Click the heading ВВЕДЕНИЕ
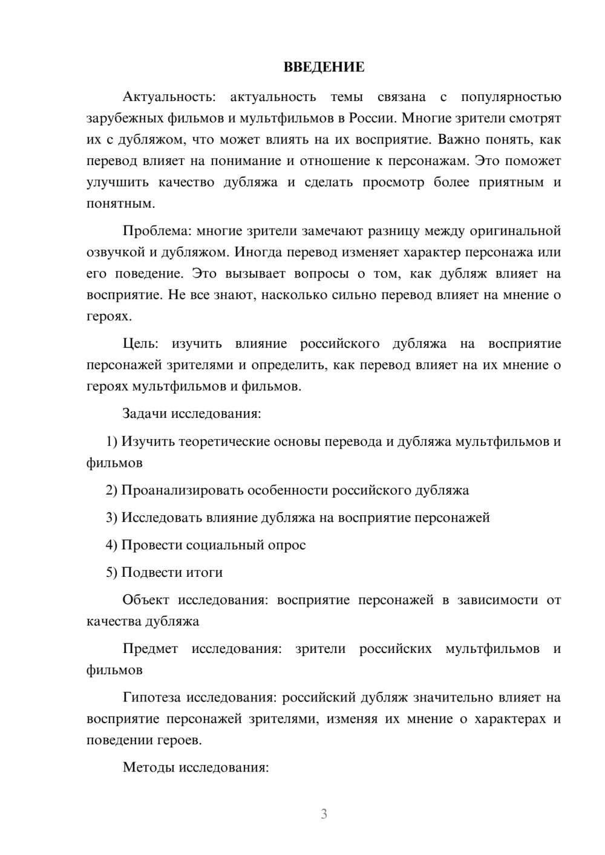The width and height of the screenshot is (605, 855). point(324,67)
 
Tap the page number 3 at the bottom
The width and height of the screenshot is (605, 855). point(324,814)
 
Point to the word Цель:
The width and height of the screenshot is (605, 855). point(140,344)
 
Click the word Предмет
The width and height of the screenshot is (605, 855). point(150,649)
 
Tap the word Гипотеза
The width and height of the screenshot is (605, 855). point(151,698)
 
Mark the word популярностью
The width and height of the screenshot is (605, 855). point(511,97)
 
